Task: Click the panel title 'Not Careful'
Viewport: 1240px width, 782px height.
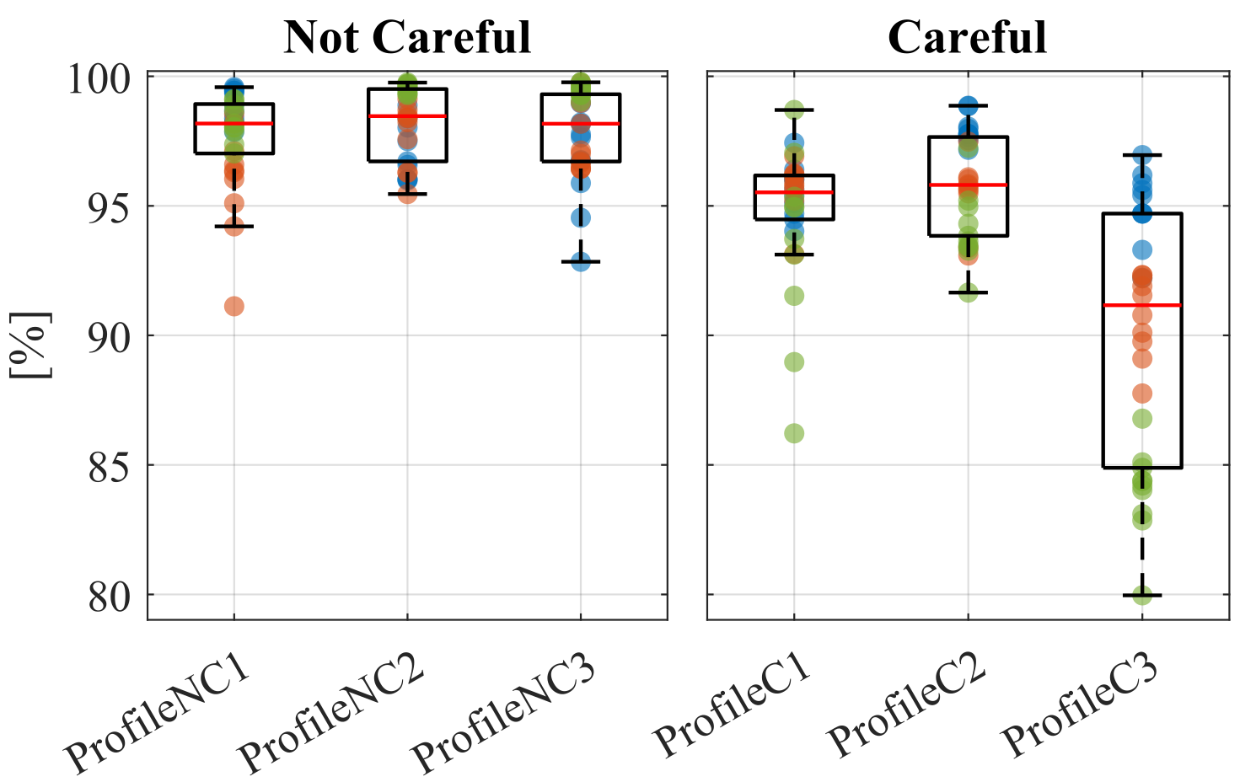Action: pos(407,37)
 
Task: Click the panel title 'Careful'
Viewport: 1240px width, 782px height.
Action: pos(967,37)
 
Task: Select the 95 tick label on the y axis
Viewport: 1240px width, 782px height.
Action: pos(110,207)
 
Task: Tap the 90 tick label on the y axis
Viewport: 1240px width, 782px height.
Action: pos(110,336)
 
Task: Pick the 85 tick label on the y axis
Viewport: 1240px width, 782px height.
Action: pos(110,465)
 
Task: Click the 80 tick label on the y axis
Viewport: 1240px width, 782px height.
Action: pos(110,595)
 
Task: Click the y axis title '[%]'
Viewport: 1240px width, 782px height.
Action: pos(30,346)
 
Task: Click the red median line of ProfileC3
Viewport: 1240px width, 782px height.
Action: pos(1142,305)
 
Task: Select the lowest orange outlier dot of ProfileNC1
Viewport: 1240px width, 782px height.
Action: pos(234,306)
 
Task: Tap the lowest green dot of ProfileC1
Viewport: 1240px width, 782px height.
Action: pos(794,433)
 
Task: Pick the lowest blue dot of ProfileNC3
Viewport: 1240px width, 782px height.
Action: pos(581,261)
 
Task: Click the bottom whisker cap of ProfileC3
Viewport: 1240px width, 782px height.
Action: pos(1142,596)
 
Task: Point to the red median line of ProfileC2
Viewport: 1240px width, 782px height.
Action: pos(968,185)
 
